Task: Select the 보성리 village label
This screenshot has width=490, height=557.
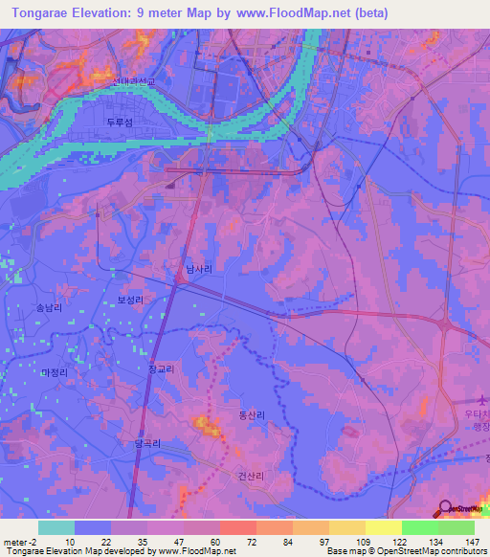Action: coord(130,300)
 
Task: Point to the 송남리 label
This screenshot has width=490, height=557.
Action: coord(48,309)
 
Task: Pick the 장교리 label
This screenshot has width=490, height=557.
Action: coord(161,368)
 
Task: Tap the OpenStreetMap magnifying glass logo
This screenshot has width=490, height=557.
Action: coord(445,508)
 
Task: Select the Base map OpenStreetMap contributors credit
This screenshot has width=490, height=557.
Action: coord(402,552)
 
